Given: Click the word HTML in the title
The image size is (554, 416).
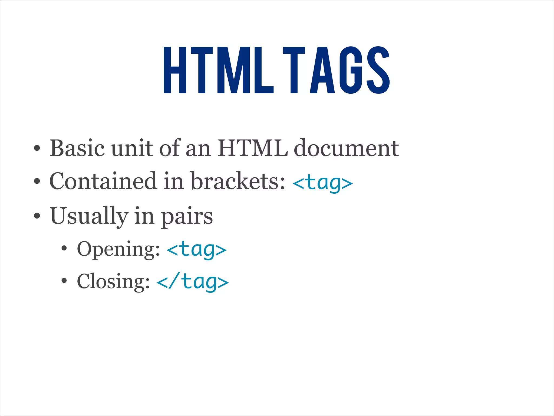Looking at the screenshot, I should [219, 70].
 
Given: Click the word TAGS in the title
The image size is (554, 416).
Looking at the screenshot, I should [336, 70].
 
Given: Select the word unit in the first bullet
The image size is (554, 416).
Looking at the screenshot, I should [132, 148].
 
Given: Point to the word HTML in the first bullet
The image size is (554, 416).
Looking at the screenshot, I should [253, 148].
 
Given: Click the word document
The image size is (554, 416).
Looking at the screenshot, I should [346, 148].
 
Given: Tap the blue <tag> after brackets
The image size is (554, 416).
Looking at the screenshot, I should [323, 183].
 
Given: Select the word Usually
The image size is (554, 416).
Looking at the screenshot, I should [89, 216].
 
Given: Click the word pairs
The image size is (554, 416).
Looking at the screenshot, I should [187, 217].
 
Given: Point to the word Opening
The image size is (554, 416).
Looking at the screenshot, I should [118, 249].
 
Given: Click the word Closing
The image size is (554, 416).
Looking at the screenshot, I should [113, 282].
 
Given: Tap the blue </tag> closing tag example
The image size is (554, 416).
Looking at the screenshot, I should [193, 282].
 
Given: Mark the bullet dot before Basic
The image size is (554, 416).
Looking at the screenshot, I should [37, 149].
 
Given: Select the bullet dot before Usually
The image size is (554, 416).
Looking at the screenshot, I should [37, 216].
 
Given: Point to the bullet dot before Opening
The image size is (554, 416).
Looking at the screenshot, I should [64, 249].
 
